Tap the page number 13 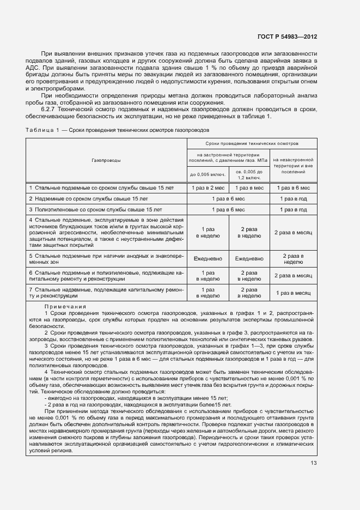(x=313, y=464)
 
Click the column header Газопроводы (x=106, y=161)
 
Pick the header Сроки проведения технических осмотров (x=252, y=143)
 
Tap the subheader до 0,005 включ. (x=207, y=175)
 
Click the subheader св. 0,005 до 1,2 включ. (x=249, y=175)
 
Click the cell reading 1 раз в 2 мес (x=207, y=187)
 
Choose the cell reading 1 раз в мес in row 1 (x=249, y=187)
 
